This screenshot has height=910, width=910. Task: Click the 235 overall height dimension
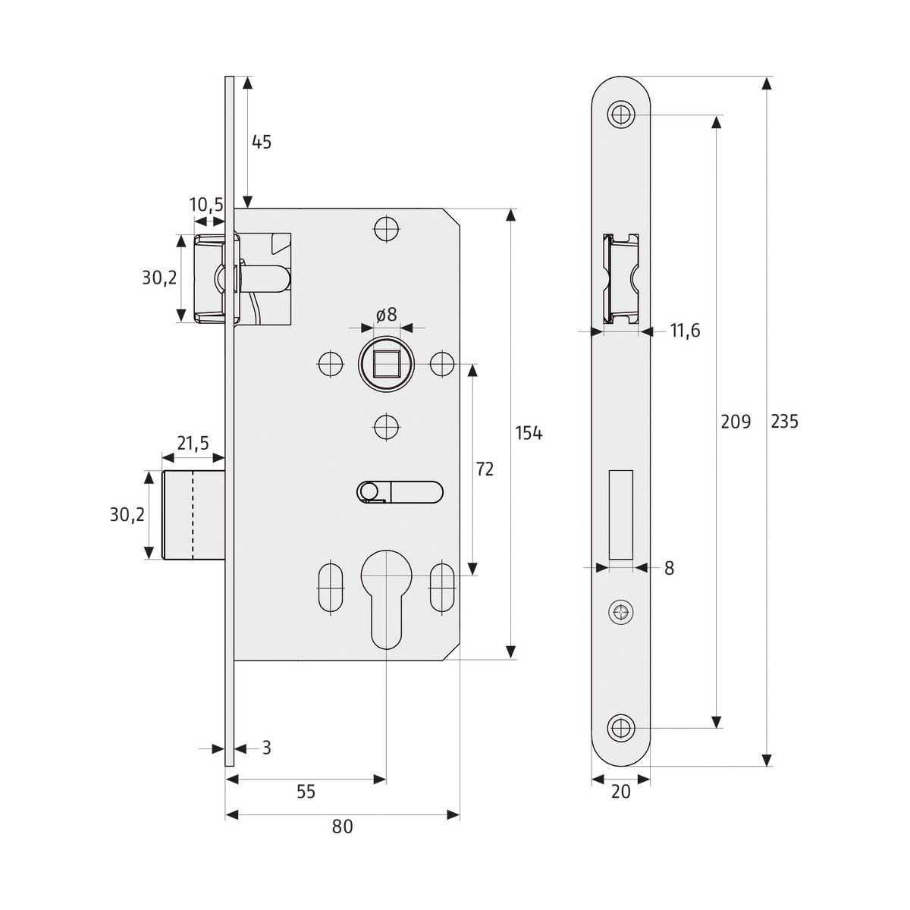point(784,422)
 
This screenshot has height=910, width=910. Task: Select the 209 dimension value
point(735,422)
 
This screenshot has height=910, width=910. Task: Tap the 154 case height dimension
point(529,433)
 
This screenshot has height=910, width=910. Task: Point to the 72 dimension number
point(485,469)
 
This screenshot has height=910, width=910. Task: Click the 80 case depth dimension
point(343,827)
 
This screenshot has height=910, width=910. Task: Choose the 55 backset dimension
point(306,792)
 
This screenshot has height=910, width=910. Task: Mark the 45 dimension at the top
point(261,142)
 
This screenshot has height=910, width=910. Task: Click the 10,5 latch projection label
point(206,206)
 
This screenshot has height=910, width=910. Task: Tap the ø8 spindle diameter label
point(386,315)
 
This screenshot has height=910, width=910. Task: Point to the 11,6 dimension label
point(685,331)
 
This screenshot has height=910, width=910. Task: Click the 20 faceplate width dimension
point(620,792)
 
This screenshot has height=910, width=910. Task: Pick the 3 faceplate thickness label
point(266,748)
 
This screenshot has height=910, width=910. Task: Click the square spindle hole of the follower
point(385,365)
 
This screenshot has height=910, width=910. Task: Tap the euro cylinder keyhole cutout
point(386,599)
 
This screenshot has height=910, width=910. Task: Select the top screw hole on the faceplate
point(621,115)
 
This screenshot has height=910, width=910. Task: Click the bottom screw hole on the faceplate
point(621,727)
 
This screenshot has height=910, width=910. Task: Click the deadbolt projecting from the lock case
point(194,515)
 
